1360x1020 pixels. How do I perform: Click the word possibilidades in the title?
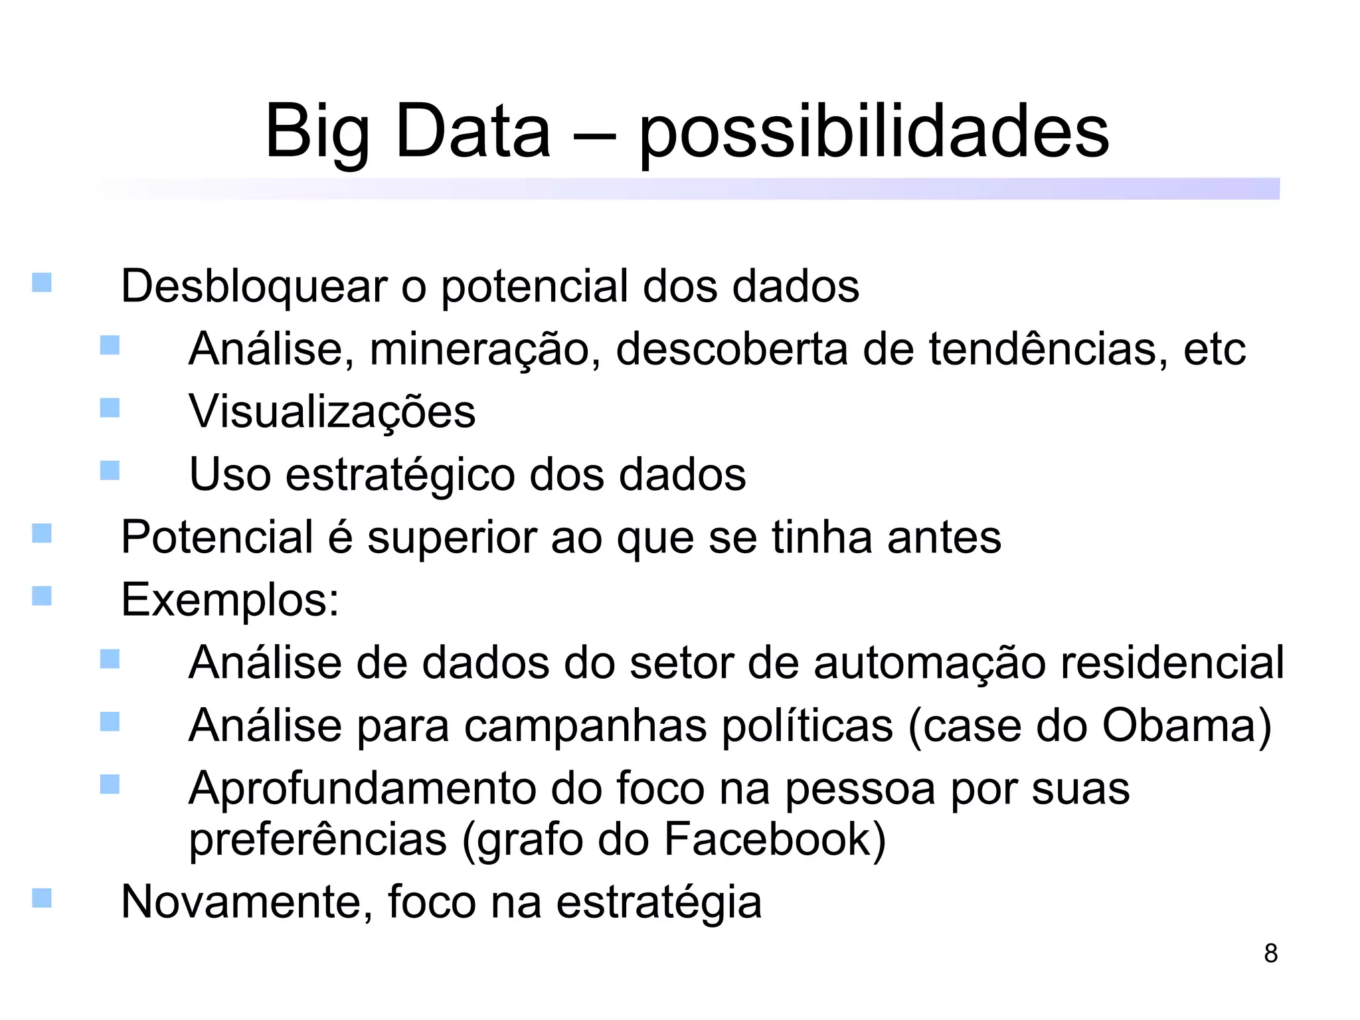874,133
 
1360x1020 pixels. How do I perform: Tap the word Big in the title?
317,133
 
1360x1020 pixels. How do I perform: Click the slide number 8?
1270,953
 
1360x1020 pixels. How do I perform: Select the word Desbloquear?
254,286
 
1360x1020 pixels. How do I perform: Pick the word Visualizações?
332,412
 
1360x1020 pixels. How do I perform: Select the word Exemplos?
230,600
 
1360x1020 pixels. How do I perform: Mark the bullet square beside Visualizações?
110,408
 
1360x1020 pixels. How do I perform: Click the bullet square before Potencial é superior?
42,533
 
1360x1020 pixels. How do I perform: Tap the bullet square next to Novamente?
42,898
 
